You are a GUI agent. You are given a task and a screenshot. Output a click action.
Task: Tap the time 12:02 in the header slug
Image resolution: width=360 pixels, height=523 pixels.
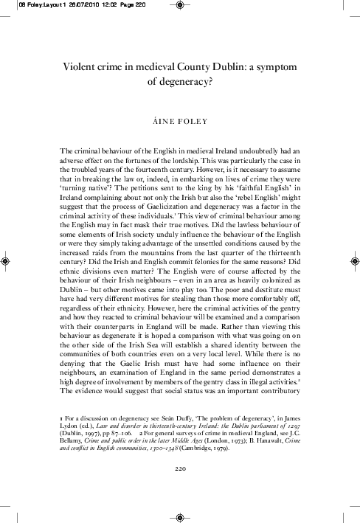tap(97, 4)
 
